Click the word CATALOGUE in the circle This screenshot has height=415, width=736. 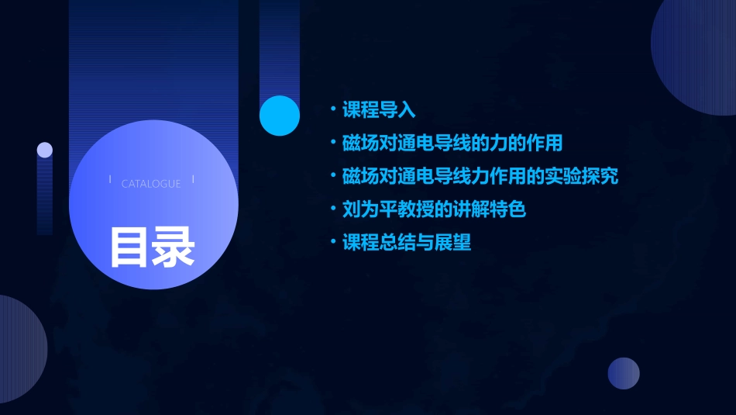tap(151, 184)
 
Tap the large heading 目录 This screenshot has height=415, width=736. tap(152, 247)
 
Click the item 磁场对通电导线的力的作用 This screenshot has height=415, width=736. tap(452, 144)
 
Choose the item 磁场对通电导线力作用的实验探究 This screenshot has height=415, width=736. tap(480, 176)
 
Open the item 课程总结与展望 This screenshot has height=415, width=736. tap(407, 243)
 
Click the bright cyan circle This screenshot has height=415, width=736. tap(280, 116)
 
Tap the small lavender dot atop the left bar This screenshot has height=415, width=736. tap(45, 150)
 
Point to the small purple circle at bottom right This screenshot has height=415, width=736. tap(624, 373)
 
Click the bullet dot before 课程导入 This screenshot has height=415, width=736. tap(333, 110)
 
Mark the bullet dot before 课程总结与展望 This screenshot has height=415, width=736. tap(333, 243)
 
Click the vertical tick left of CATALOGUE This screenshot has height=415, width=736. tap(110, 179)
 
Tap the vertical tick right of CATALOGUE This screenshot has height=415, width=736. tap(193, 179)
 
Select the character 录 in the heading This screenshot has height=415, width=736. tap(174, 247)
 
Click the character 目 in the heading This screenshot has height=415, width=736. tap(129, 247)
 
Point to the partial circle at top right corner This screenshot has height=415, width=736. tap(697, 54)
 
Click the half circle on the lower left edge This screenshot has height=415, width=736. tap(19, 349)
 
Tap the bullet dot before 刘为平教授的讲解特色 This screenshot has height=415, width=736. tap(333, 209)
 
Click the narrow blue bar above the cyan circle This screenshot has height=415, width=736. tap(280, 47)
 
